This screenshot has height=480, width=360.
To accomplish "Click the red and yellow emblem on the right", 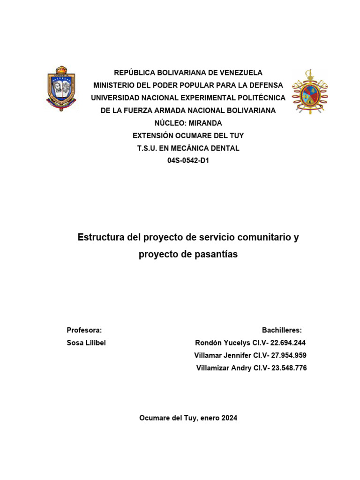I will click(310, 92).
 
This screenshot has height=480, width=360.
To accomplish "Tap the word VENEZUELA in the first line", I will click(241, 73).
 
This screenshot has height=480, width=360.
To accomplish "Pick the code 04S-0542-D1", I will click(188, 161).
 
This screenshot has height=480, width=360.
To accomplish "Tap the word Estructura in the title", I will click(101, 237).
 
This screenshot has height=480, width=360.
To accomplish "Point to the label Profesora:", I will click(84, 330).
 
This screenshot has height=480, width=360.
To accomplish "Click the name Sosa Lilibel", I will click(86, 343).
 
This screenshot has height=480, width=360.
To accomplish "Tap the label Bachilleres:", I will click(282, 330).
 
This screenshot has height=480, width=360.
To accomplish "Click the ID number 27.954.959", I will click(289, 355).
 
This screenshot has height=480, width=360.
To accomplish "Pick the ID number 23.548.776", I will click(289, 368).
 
